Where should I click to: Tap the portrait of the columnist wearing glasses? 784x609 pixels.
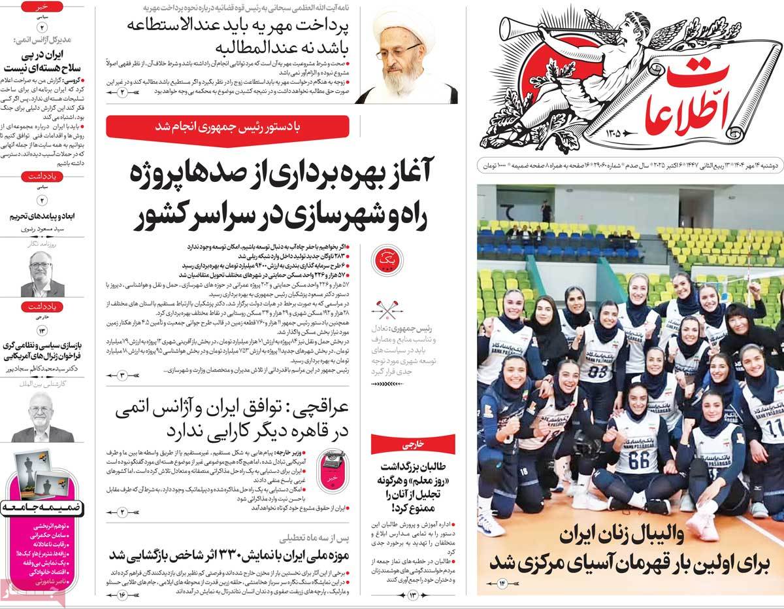pyautogui.click(x=42, y=275)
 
